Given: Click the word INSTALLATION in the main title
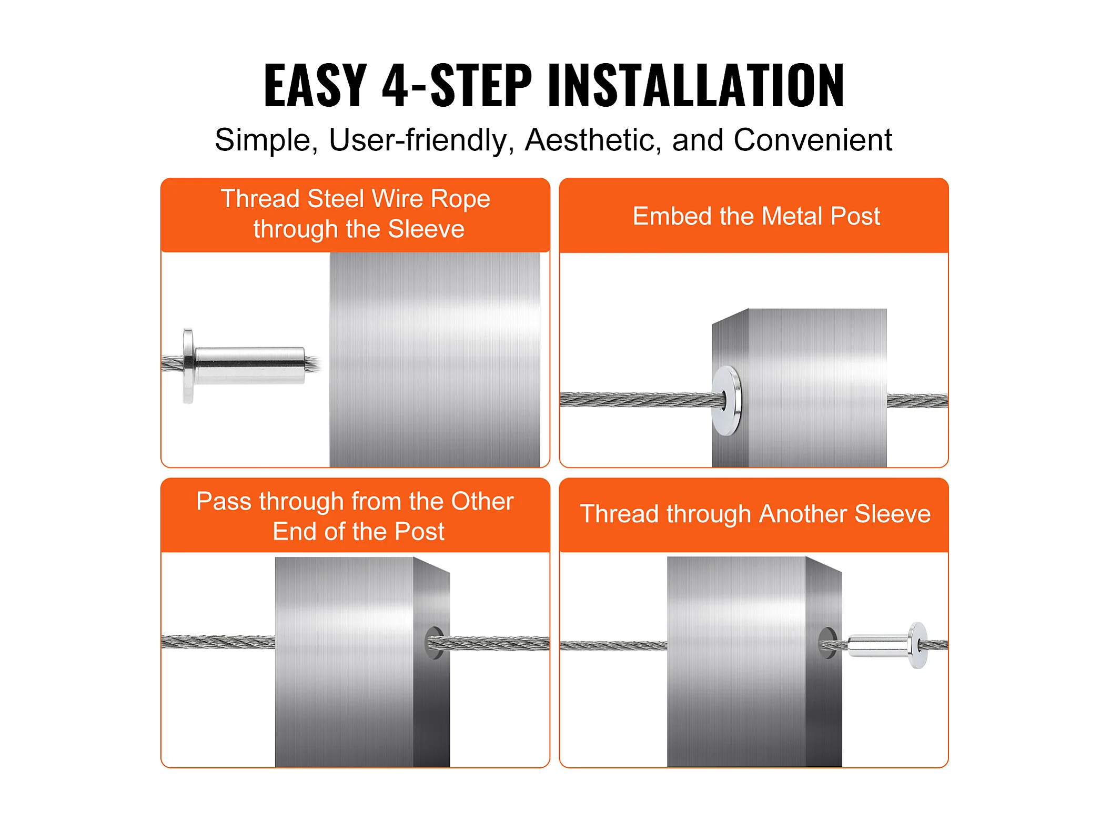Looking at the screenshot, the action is (696, 85).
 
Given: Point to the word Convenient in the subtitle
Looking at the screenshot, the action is (813, 140).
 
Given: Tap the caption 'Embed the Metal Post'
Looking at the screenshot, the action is (756, 216).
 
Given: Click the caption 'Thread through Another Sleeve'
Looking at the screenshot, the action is (755, 514).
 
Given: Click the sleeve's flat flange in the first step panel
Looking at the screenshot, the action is (188, 366).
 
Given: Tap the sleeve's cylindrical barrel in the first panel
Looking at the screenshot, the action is (249, 365).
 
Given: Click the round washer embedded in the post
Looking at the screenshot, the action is (727, 401).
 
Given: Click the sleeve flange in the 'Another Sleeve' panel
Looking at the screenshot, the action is (917, 645).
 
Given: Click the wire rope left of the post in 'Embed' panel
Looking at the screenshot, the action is (639, 400).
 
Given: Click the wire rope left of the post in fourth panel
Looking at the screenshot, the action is (613, 646).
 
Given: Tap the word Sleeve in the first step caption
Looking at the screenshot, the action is (426, 229).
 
